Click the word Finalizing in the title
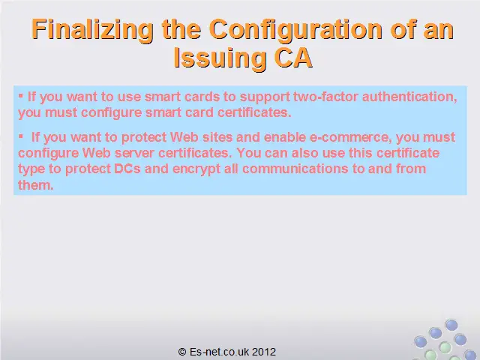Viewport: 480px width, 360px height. tap(92, 30)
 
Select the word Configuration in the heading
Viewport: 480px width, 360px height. tap(295, 30)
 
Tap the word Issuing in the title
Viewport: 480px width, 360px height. tap(220, 58)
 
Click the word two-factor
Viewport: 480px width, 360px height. tap(325, 97)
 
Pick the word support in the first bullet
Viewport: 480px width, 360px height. tap(265, 97)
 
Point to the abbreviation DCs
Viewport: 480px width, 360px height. tap(127, 169)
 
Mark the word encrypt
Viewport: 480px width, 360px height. tap(196, 169)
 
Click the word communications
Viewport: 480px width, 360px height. tap(295, 169)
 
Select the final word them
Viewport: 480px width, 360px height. tap(35, 185)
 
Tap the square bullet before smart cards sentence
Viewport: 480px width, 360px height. tap(21, 96)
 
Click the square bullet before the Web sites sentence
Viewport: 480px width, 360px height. tap(21, 136)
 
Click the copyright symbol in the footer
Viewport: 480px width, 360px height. tap(182, 352)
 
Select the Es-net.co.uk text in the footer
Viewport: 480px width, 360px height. tap(220, 352)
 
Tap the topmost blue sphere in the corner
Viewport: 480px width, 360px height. tap(451, 325)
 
